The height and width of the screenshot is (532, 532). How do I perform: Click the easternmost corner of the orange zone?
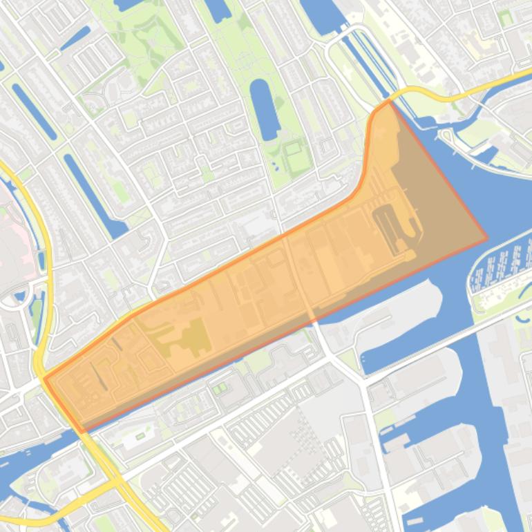(487, 238)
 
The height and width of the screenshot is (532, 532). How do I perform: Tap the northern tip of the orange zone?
(389, 101)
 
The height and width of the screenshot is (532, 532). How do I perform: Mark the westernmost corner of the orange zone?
(44, 378)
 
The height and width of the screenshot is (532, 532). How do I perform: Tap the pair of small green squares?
(220, 388)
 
